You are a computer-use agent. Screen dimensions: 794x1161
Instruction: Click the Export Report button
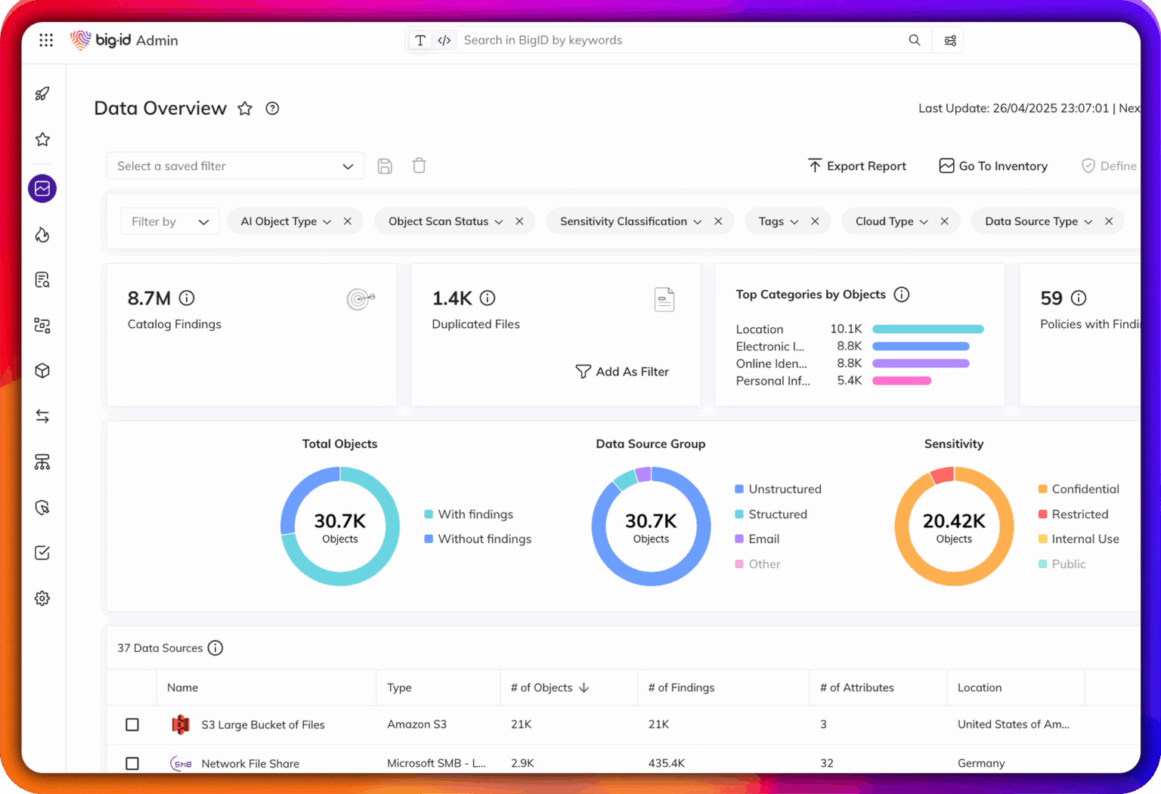click(856, 166)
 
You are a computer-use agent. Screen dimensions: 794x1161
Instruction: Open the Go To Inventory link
click(993, 166)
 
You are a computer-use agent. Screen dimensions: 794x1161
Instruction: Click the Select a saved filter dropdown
click(234, 166)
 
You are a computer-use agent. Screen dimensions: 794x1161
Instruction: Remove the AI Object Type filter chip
click(348, 221)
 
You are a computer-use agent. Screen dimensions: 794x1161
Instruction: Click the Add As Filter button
click(622, 372)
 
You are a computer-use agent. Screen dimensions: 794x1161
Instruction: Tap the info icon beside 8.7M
click(187, 298)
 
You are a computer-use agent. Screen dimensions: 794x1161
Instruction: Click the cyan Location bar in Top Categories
click(927, 329)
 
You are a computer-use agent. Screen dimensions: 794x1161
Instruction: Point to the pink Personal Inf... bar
click(901, 381)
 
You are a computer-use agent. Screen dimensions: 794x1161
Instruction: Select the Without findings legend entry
click(484, 539)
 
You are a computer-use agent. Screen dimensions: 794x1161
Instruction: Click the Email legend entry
click(763, 539)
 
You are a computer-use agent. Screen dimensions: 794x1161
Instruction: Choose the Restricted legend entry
click(1079, 514)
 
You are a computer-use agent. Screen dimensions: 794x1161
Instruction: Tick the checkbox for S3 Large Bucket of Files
click(132, 725)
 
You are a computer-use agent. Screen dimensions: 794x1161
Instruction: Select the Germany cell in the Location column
click(981, 763)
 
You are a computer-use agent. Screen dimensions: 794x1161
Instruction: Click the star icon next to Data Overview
click(245, 109)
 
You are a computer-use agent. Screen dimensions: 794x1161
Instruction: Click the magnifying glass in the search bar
click(915, 40)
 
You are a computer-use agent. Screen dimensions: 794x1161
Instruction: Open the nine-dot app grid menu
click(46, 40)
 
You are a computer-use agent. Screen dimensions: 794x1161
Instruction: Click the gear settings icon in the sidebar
click(42, 598)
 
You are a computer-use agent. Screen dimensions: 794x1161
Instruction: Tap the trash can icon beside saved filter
click(420, 166)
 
